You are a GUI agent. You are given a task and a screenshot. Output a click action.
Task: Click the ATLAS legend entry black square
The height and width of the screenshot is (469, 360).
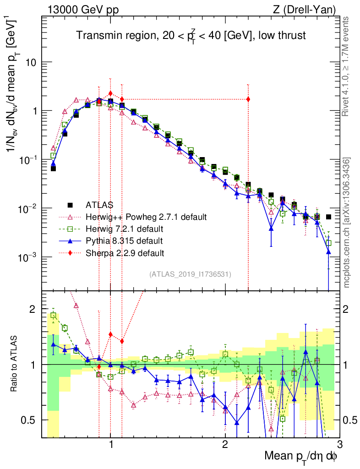click(70, 204)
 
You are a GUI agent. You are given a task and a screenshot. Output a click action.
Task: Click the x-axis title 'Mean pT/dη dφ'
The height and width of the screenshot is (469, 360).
click(301, 456)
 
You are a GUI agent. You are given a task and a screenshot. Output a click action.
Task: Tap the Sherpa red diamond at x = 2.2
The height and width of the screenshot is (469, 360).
click(248, 99)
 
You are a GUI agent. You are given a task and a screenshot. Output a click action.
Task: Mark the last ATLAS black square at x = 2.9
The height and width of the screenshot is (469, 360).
click(328, 217)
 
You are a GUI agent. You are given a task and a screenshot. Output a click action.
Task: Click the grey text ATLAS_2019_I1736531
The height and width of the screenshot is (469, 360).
click(190, 274)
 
